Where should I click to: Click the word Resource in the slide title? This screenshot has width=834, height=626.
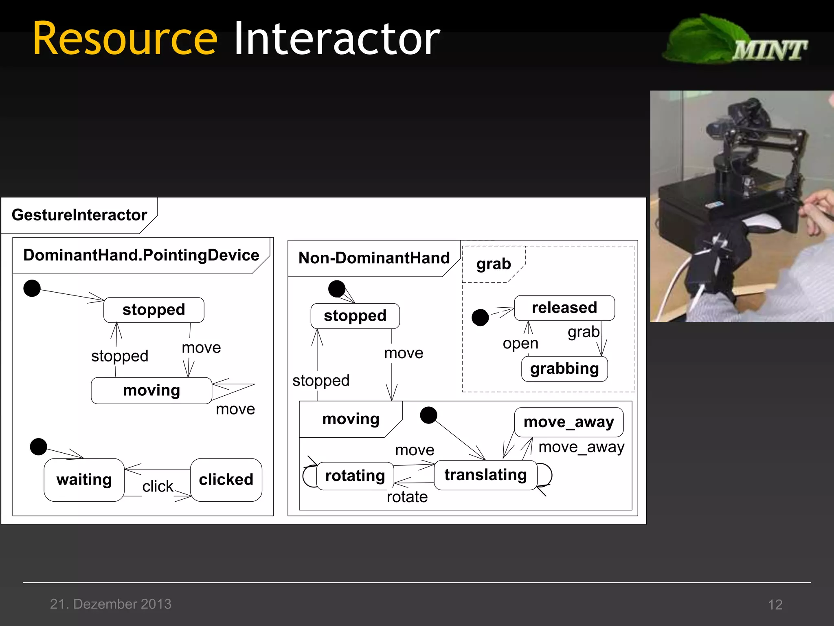coord(125,39)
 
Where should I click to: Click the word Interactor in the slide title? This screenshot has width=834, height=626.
coord(337,39)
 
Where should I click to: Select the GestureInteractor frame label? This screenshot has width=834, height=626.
coord(79,215)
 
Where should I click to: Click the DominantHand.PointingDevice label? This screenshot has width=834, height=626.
coord(141,255)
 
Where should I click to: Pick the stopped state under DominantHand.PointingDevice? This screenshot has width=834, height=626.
coord(154,310)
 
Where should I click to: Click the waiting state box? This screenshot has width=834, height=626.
coord(84,480)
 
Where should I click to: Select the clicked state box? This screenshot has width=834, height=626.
coord(226,480)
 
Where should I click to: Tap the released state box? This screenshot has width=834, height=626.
coord(564,308)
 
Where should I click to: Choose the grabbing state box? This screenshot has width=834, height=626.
coord(564,369)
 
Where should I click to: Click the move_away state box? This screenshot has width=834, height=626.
coord(568,422)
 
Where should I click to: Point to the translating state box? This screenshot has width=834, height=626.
coord(485,475)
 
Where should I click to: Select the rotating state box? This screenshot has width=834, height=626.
coord(355,476)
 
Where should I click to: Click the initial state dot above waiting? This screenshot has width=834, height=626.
coord(39,447)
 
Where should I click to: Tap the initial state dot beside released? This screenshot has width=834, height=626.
coord(480,317)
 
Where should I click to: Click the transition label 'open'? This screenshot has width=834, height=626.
coord(520,344)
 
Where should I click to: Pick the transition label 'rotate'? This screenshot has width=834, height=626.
coord(407,497)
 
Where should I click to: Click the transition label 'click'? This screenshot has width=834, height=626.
coord(158,486)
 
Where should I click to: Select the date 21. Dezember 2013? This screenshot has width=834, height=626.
coord(111,604)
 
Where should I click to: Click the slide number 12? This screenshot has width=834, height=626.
coord(775,604)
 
